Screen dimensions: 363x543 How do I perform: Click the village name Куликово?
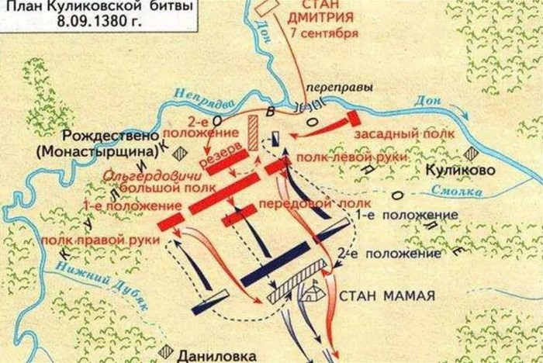[458, 168]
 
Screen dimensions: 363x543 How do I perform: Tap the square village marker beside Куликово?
[471, 154]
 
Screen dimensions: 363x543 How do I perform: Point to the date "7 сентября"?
[320, 34]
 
